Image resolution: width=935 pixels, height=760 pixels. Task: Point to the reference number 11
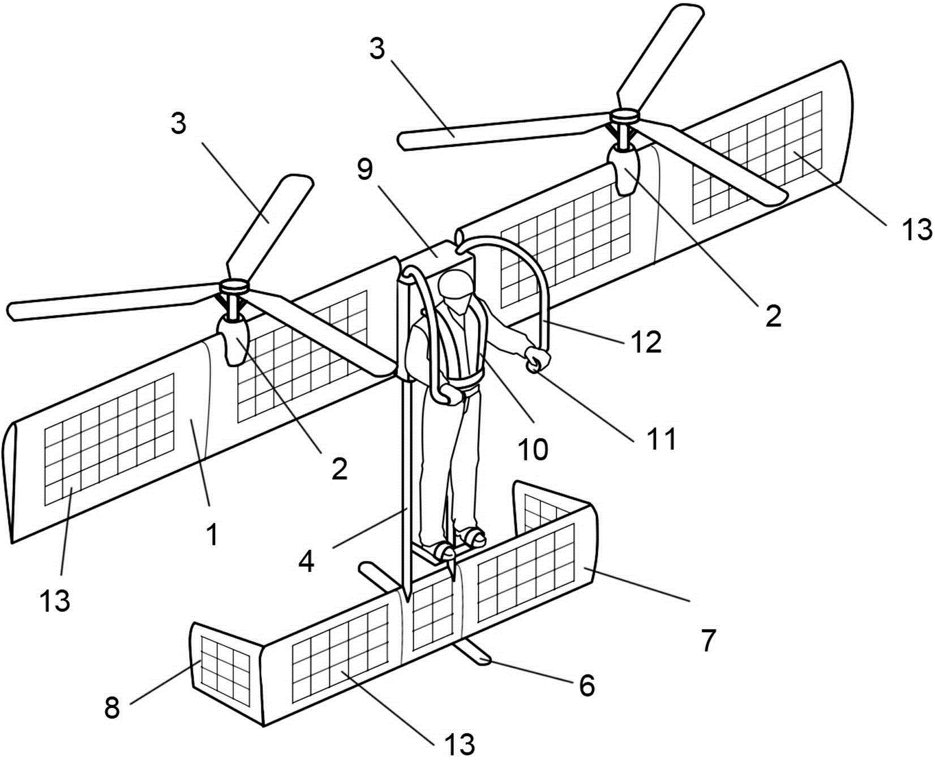coord(660,439)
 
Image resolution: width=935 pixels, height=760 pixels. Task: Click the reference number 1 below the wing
coord(212,535)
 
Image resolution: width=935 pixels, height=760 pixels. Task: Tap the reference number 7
coord(708,641)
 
